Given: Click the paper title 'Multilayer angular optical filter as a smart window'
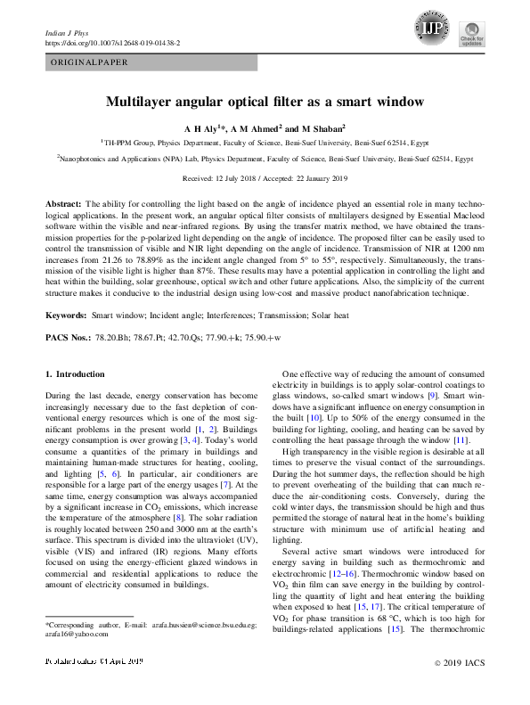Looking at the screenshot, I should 265,102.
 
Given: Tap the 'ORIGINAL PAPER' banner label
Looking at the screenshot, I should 88,62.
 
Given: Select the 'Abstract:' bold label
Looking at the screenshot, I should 63,204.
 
